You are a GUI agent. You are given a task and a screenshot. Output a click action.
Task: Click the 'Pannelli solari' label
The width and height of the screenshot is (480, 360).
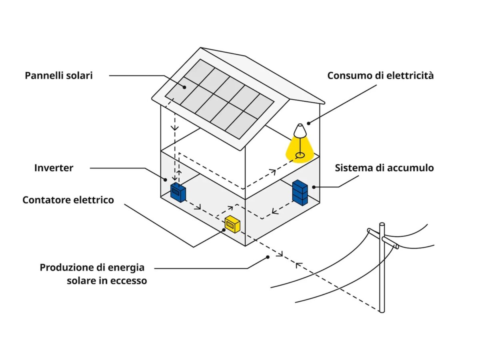coord(58,75)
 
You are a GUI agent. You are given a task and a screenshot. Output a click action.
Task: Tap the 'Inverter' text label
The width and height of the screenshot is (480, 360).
coord(54,168)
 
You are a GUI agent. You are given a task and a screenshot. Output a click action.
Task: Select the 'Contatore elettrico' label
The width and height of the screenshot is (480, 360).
coord(68,200)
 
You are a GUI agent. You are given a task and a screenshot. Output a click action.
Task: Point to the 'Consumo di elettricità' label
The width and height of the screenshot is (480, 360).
coord(380,75)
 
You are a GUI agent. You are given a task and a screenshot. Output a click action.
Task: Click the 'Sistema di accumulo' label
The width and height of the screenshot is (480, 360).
coord(384,168)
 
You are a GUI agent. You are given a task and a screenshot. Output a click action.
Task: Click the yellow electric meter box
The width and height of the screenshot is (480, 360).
coord(232,224)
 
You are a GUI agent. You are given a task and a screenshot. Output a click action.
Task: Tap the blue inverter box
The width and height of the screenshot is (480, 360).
coord(178,192)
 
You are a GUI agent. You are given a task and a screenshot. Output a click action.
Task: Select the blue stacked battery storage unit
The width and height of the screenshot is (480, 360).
coord(300,192)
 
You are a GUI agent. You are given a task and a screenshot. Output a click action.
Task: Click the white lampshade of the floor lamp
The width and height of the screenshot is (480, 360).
coord(299,130)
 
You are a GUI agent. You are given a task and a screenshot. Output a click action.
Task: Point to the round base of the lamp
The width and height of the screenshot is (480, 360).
coord(299,154)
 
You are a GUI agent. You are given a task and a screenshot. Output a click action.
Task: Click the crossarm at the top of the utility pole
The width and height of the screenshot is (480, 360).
coord(383,238)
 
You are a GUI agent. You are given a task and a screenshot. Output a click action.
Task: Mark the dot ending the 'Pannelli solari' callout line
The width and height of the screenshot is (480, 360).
coord(185,87)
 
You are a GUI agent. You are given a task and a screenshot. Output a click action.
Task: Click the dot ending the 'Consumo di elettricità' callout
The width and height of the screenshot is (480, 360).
coord(308,123)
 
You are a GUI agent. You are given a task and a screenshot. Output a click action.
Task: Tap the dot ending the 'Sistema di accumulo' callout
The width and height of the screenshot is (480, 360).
coord(315,186)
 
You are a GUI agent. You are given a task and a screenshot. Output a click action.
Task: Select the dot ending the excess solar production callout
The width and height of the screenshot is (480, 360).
coord(267,257)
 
